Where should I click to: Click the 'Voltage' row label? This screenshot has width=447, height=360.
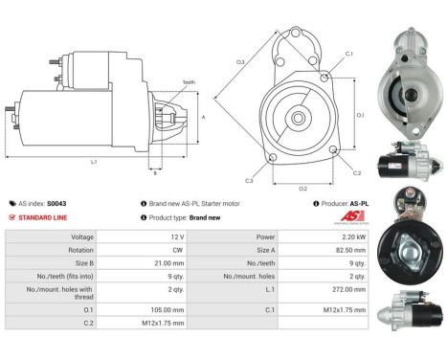[81, 236]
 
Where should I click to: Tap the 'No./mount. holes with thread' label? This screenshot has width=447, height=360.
[58, 289]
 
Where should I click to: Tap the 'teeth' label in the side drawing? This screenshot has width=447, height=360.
[188, 83]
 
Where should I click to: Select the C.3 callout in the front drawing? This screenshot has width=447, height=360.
[249, 180]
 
